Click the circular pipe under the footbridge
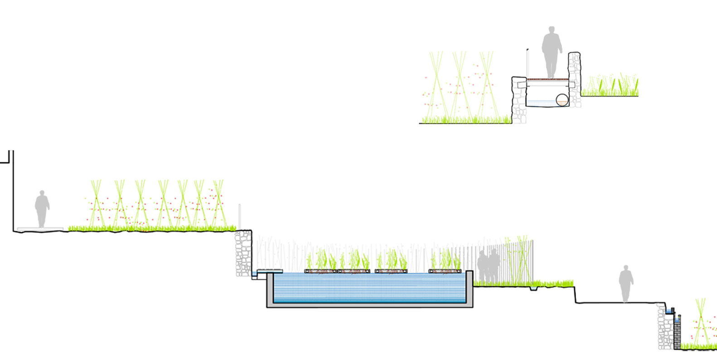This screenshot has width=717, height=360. click(x=562, y=100)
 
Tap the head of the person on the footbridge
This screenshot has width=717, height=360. click(x=552, y=31)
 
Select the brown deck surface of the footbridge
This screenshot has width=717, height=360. click(x=547, y=79)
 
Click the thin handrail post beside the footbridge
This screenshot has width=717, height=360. click(x=527, y=63)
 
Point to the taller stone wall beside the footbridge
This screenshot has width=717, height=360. click(x=575, y=80)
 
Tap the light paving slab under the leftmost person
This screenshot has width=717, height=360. click(x=39, y=229)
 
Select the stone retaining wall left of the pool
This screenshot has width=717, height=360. click(x=243, y=253)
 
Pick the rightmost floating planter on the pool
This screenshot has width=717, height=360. click(x=445, y=271)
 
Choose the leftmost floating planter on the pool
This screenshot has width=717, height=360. click(x=320, y=271)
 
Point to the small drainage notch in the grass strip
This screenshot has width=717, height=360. click(x=533, y=288)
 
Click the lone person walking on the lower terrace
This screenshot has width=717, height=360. click(x=626, y=283)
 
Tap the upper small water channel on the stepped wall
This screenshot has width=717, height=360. click(x=669, y=311)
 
